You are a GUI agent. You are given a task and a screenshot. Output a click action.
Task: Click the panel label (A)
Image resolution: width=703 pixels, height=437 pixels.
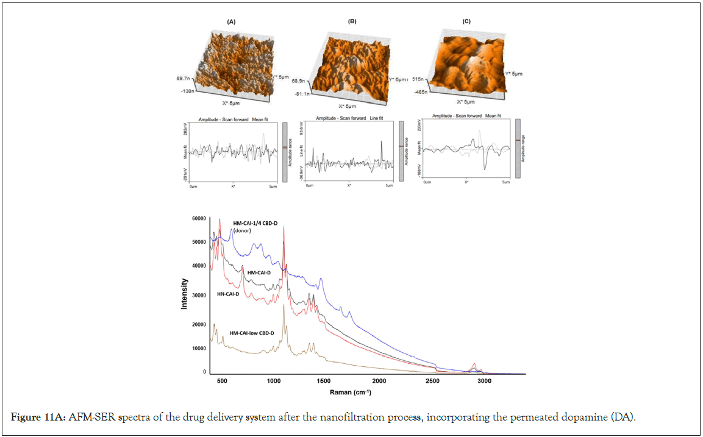point(231,22)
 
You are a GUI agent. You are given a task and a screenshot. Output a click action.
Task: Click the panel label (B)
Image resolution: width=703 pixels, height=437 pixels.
point(352,21)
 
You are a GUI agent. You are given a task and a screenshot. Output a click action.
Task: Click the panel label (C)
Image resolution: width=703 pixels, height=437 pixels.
point(466,21)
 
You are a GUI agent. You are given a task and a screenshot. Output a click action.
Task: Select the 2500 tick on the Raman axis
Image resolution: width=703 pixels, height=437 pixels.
point(432,381)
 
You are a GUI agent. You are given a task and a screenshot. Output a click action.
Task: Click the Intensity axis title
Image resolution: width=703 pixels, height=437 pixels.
point(184,294)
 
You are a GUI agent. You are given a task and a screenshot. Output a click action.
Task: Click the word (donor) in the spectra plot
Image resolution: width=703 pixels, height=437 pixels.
point(243,231)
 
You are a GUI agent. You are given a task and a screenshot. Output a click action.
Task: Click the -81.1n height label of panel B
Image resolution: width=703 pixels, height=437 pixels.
point(301,94)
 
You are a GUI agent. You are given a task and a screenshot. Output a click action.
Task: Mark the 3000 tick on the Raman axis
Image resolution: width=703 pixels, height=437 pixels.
point(484,381)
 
